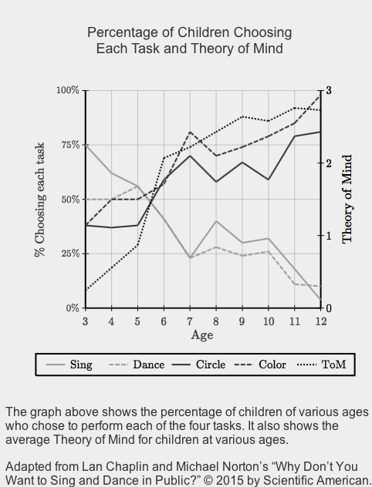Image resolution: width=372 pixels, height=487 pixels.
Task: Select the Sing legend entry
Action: [x=69, y=364]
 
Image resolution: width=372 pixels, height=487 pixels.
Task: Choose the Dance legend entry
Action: [x=137, y=364]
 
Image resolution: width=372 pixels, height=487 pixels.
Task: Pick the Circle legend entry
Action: [x=198, y=364]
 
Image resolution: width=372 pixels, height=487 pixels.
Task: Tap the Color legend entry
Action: [x=260, y=364]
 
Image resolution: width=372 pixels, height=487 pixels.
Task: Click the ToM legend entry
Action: [x=322, y=364]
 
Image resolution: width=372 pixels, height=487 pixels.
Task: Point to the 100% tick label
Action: [x=68, y=90]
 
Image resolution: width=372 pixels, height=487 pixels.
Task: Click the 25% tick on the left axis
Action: [x=70, y=254]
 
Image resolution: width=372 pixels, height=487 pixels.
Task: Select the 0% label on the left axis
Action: [x=73, y=307]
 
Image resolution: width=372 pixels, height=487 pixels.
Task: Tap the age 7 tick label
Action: [x=190, y=321]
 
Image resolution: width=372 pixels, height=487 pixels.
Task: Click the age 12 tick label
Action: [x=321, y=321]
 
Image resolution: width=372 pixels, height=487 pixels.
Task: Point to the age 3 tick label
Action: [x=85, y=321]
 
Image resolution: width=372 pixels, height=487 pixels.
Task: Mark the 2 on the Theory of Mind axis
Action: [x=329, y=163]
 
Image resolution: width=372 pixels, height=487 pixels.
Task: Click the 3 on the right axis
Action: [x=329, y=90]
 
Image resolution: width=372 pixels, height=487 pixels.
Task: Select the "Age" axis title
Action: [x=202, y=335]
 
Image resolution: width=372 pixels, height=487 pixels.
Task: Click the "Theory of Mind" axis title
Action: [x=347, y=199]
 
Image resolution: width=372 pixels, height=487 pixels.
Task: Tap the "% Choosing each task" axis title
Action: [x=40, y=200]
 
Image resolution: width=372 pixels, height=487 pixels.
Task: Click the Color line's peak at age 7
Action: [x=190, y=132]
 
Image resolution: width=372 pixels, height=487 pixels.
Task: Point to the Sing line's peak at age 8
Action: [x=216, y=221]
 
